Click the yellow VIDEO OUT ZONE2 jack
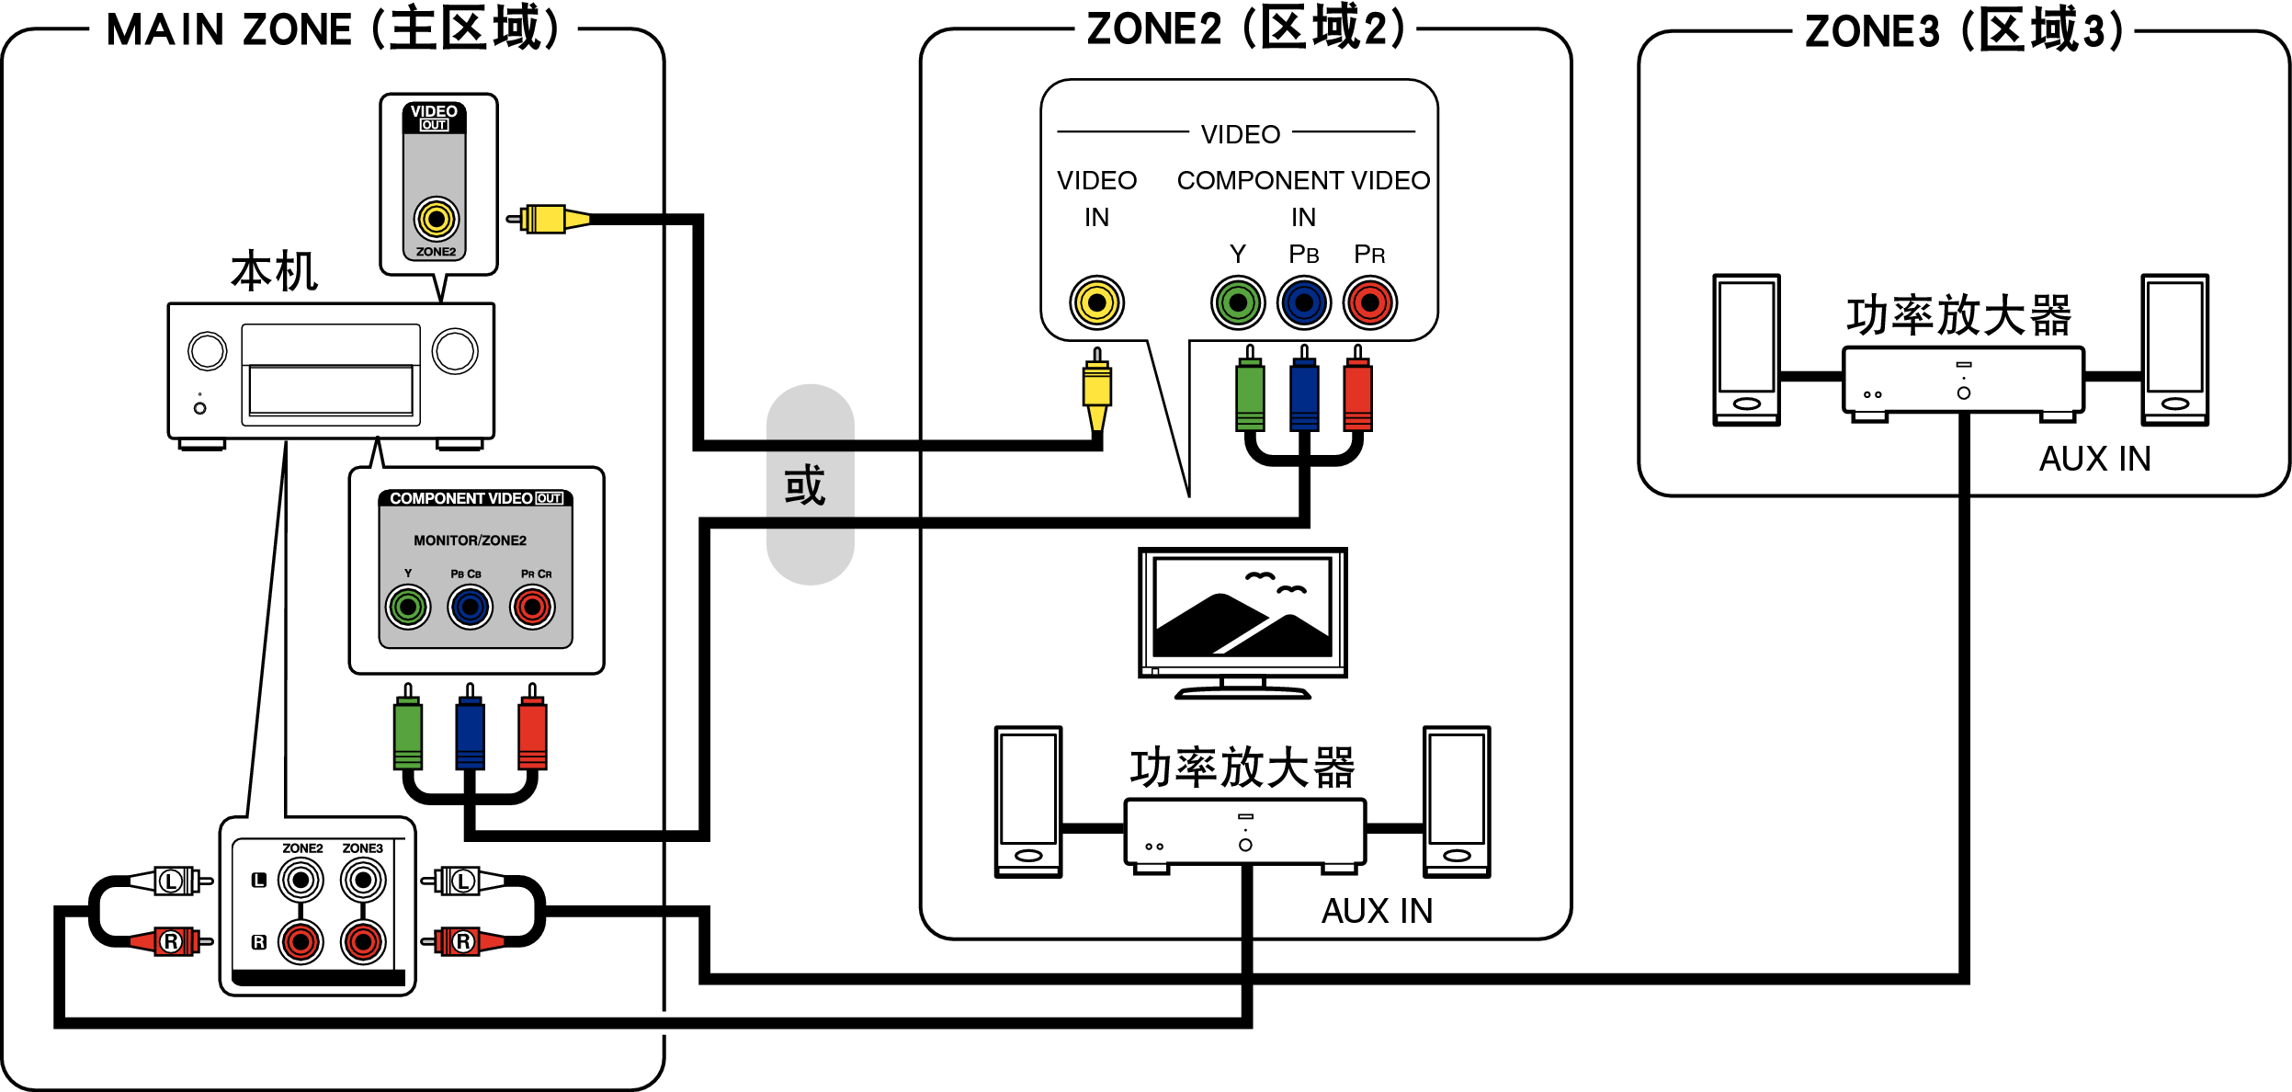coord(436,219)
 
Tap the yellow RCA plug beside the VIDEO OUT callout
coord(548,219)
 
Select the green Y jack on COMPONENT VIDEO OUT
coord(408,607)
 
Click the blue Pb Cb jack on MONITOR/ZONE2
coord(471,607)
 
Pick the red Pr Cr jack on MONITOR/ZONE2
coord(532,607)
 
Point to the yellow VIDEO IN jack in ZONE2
coord(1096,302)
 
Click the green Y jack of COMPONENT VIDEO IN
coord(1238,302)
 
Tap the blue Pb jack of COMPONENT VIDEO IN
coord(1304,302)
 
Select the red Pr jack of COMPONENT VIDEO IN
coord(1369,302)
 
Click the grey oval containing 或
coord(810,484)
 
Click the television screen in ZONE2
coord(1242,609)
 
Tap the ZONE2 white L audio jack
coord(301,881)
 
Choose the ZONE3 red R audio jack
coord(363,941)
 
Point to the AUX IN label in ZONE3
coord(2094,459)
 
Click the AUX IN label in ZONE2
coord(1377,911)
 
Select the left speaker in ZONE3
coord(1746,349)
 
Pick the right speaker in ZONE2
coord(1457,802)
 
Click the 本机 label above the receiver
coord(274,272)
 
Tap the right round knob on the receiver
coord(455,351)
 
